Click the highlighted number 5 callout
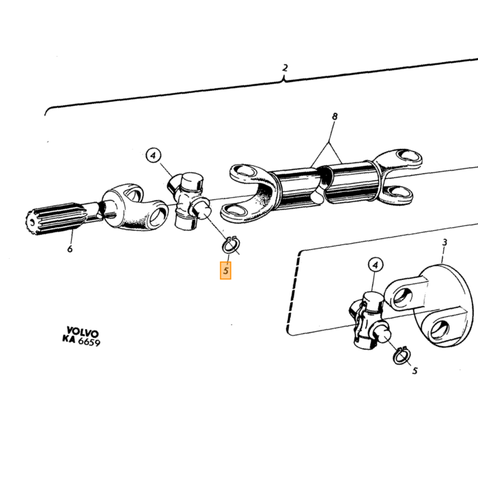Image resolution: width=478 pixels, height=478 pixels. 225,270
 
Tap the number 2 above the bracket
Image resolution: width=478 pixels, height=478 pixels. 285,68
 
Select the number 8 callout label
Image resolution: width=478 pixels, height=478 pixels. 335,117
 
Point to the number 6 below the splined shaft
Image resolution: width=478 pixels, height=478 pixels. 70,249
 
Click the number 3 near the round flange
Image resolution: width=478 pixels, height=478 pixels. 445,242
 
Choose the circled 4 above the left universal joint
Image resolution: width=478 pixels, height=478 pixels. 154,156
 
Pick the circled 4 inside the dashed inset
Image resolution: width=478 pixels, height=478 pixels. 376,265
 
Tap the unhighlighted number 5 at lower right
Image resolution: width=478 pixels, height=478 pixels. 414,371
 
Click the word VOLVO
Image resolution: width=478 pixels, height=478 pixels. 83,332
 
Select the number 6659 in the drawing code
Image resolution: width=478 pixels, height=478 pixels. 89,341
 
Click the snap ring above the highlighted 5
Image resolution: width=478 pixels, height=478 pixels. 231,244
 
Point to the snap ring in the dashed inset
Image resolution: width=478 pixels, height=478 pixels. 401,356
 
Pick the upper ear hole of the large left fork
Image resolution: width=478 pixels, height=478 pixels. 244,171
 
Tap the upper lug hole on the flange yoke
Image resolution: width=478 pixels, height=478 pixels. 403,296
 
